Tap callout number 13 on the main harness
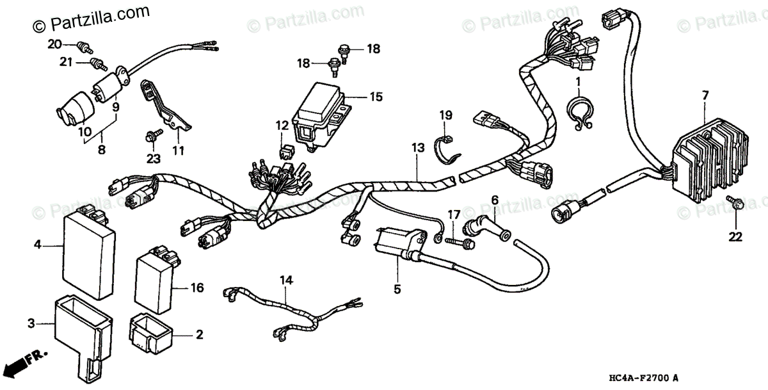(x=417, y=148)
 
